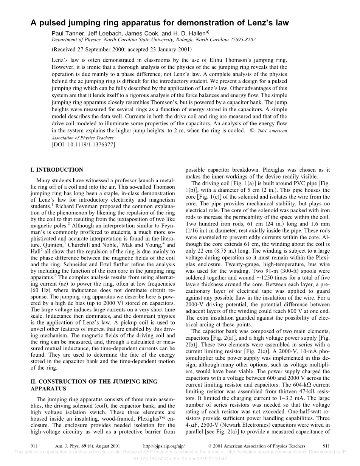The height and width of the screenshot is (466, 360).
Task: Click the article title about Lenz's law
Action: click(x=160, y=23)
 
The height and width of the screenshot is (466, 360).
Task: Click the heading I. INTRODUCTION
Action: click(x=57, y=170)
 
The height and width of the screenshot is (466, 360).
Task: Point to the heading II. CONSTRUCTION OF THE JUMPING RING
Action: click(x=94, y=382)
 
